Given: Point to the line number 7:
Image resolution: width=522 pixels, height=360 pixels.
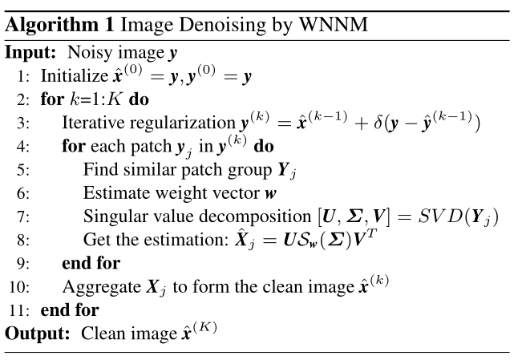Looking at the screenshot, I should [22, 216].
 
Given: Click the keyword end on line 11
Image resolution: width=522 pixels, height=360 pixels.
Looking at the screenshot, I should [53, 309].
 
